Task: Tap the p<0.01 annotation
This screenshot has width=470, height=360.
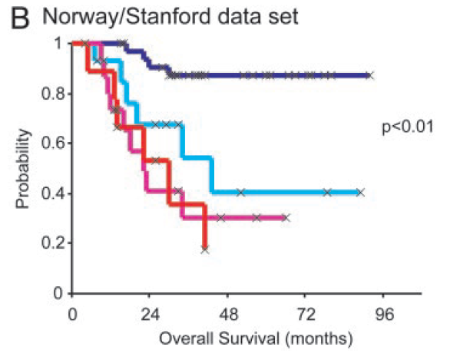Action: coord(409,127)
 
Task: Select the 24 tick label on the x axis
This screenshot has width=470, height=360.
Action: coord(150,315)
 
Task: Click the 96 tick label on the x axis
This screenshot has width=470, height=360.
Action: coord(383,315)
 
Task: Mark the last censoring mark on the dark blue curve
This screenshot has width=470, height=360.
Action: coord(369,75)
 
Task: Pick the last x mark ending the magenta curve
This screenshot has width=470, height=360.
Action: coord(285,217)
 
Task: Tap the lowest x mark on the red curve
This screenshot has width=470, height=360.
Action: coord(204,249)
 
